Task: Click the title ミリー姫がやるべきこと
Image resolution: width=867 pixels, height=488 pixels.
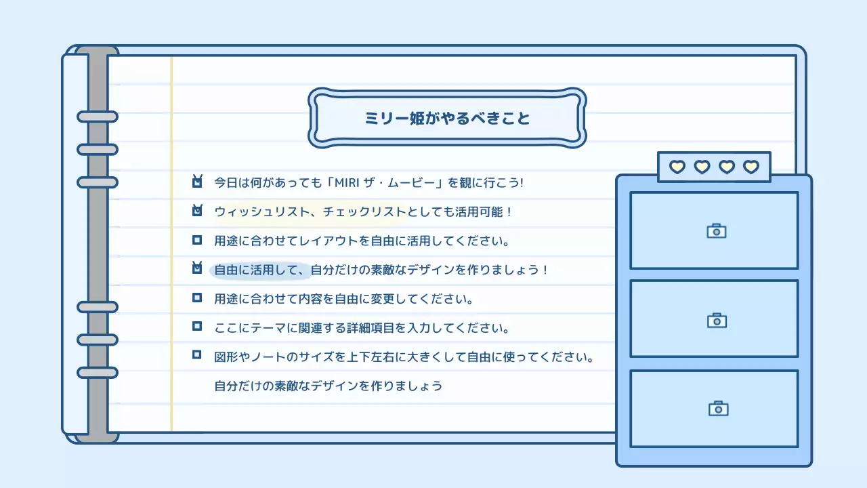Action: (447, 118)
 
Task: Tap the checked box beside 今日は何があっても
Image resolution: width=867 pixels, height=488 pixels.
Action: (197, 182)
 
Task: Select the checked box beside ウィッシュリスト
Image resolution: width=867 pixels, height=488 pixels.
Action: (197, 211)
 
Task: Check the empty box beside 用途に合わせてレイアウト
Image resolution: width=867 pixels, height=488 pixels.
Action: (197, 240)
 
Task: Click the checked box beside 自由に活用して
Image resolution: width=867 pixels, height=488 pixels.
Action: (197, 268)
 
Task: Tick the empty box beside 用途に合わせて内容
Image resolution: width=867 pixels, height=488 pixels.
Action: (197, 298)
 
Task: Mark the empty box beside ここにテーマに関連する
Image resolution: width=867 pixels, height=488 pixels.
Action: (197, 327)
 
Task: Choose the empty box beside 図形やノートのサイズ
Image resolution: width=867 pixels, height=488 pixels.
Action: (197, 354)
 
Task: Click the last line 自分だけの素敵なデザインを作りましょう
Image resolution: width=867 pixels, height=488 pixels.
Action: (329, 386)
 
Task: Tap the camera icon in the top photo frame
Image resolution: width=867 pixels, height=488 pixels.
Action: (716, 231)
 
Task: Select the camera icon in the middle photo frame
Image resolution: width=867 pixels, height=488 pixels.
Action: (717, 320)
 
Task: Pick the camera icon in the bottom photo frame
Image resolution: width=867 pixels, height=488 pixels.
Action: (718, 408)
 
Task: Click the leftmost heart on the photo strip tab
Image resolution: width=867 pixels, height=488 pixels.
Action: (677, 167)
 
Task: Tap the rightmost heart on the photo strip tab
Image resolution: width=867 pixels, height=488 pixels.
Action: (751, 167)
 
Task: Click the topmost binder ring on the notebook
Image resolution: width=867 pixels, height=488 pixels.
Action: (98, 117)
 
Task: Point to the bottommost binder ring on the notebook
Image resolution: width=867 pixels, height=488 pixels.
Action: (98, 372)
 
